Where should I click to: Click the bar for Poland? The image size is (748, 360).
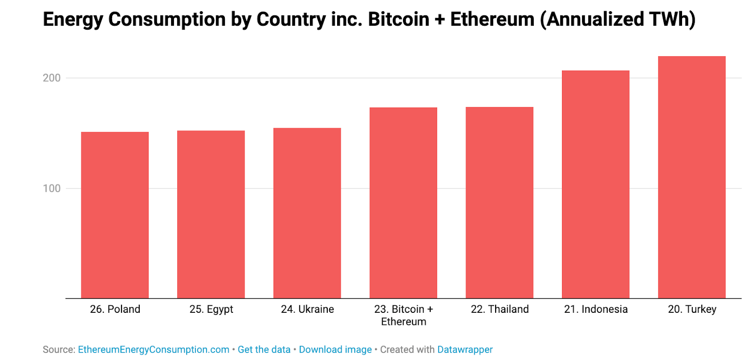[x=115, y=215]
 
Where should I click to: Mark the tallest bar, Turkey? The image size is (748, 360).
[x=691, y=177]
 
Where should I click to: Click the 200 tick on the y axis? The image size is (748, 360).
[x=52, y=78]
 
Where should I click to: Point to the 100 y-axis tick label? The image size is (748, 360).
[x=52, y=188]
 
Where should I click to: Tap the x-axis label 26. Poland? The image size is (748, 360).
[x=115, y=309]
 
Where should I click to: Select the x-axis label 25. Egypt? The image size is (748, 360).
[x=211, y=310]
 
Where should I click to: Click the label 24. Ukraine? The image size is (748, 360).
[x=307, y=309]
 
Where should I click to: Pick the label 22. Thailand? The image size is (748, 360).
[x=499, y=309]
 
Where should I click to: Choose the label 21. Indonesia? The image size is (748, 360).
[x=596, y=309]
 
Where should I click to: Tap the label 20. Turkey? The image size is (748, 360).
[x=692, y=310]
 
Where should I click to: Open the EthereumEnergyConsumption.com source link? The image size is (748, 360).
[x=153, y=350]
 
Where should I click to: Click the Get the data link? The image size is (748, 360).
[x=264, y=350]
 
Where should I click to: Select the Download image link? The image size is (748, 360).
[x=335, y=350]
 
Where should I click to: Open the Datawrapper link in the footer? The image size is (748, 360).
[x=465, y=350]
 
